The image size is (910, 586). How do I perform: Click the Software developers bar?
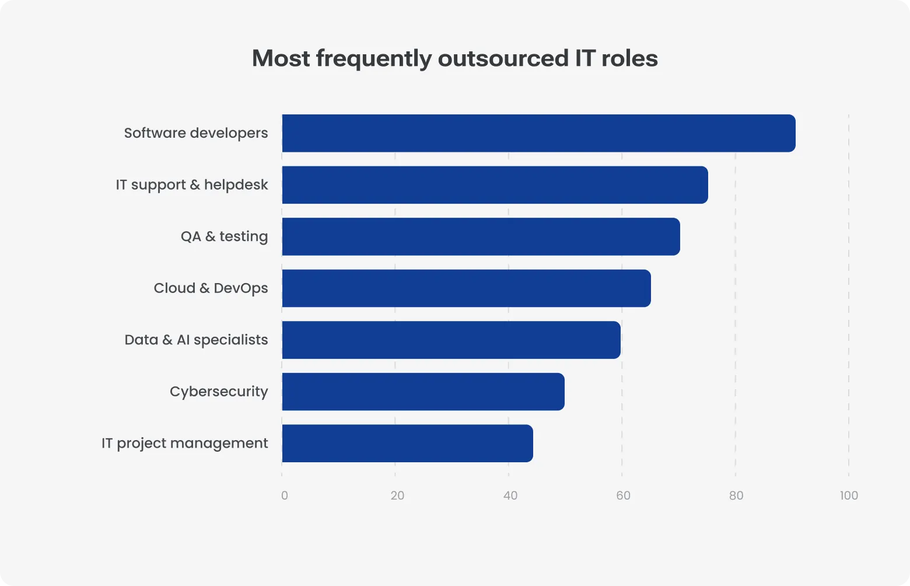(538, 133)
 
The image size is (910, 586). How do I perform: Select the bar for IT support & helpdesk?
(495, 185)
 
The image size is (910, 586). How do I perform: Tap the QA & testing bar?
(481, 236)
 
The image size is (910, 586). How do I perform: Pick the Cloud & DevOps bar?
(466, 288)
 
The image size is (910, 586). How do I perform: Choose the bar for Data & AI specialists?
(451, 340)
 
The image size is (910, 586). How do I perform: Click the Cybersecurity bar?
(423, 392)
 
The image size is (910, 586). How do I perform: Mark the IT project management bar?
(407, 444)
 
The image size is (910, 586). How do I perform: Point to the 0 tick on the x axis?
(284, 496)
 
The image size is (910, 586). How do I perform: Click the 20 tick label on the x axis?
(397, 496)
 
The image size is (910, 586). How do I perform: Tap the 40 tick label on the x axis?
(510, 496)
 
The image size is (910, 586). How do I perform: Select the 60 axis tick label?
(623, 496)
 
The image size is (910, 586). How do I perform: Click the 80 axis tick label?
(736, 496)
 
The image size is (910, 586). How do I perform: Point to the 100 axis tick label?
(849, 496)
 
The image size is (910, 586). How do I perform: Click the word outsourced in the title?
(503, 58)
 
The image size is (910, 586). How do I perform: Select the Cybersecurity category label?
(219, 392)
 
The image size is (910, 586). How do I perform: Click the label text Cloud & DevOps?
(211, 288)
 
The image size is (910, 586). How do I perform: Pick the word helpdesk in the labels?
(236, 185)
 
